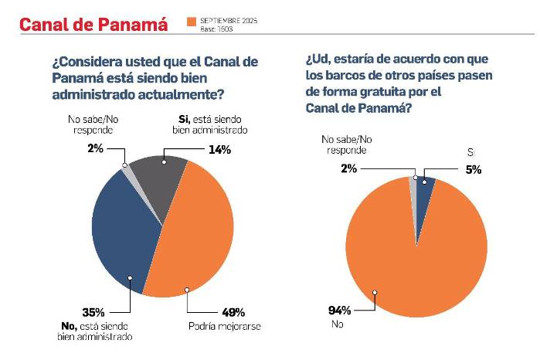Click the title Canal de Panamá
tap(93, 24)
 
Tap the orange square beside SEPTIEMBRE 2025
tap(191, 22)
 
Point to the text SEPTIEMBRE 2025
tap(228, 18)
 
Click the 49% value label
tap(233, 313)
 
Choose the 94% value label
tap(340, 311)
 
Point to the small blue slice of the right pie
tap(424, 182)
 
